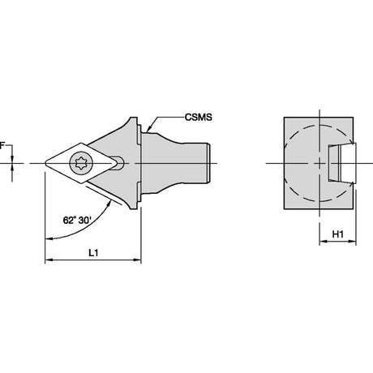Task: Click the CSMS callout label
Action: pyautogui.click(x=199, y=118)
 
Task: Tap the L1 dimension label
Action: pyautogui.click(x=93, y=253)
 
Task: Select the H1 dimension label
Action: pyautogui.click(x=338, y=234)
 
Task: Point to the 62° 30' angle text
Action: pyautogui.click(x=76, y=221)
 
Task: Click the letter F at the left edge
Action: pyautogui.click(x=2, y=146)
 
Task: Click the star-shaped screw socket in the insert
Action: pyautogui.click(x=81, y=163)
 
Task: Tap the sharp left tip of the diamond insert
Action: pyautogui.click(x=45, y=163)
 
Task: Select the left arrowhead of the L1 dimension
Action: pyautogui.click(x=49, y=260)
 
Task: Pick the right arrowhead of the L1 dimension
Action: pyautogui.click(x=137, y=260)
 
